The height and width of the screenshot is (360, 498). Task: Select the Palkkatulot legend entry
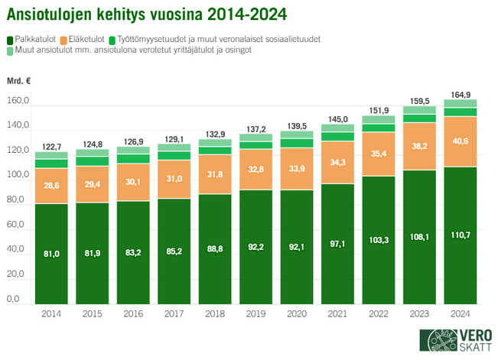point(32,38)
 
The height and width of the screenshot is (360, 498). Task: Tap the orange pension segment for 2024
point(460,141)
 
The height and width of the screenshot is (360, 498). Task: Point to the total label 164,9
point(460,94)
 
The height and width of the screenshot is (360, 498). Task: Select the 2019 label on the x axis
point(256,313)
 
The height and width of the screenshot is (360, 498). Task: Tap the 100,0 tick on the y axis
point(18,176)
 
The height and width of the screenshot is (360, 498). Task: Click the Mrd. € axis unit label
point(20,80)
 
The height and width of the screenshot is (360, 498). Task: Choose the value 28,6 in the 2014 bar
point(51,186)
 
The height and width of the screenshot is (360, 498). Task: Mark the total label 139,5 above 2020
point(296,125)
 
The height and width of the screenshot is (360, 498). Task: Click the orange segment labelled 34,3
point(337,162)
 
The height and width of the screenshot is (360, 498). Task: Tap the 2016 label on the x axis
point(133,313)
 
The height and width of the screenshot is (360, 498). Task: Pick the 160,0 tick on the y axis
point(18,102)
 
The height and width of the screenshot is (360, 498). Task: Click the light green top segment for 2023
point(419,110)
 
